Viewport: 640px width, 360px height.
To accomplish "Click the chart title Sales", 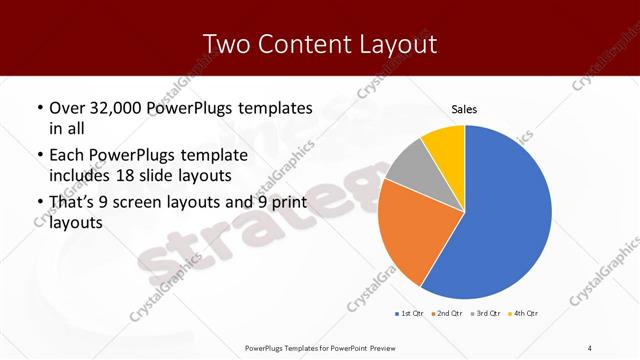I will [x=465, y=109].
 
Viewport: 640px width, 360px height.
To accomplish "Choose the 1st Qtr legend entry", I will [x=409, y=314].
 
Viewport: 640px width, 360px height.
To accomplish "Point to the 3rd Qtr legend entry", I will [x=485, y=314].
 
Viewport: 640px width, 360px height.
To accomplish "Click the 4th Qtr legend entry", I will [x=523, y=314].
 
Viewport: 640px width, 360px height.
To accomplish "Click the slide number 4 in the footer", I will [x=590, y=347].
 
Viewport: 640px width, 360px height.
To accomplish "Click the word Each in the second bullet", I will [x=67, y=155].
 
